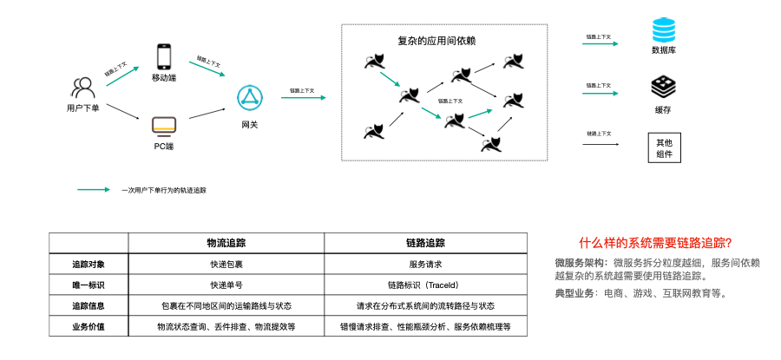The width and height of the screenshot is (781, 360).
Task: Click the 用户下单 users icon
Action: coord(82,88)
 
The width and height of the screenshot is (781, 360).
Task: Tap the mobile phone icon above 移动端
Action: coord(164,56)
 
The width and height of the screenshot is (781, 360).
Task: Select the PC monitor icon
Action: coord(164,126)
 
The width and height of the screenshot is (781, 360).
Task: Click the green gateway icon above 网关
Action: coord(250,99)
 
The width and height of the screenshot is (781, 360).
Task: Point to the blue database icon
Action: coord(663,31)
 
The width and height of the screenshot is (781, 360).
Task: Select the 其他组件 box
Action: coord(664,147)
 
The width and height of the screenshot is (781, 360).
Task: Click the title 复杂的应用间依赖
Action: coord(436,41)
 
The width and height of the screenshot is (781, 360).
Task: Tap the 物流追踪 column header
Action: coord(226,244)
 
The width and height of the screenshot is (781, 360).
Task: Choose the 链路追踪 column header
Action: coord(425,244)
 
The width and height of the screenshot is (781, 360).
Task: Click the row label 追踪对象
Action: coord(89,264)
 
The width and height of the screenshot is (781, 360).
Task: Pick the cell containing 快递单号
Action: coord(226,285)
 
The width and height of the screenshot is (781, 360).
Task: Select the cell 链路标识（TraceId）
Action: coord(425,285)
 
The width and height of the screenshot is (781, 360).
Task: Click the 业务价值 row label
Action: coord(89,327)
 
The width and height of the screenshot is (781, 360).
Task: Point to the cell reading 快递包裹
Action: coord(226,264)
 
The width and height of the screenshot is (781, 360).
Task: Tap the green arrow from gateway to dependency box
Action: coord(303,98)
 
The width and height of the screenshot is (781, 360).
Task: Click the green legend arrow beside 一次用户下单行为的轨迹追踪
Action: coord(94,189)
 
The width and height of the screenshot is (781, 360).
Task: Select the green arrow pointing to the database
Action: coord(601,43)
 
